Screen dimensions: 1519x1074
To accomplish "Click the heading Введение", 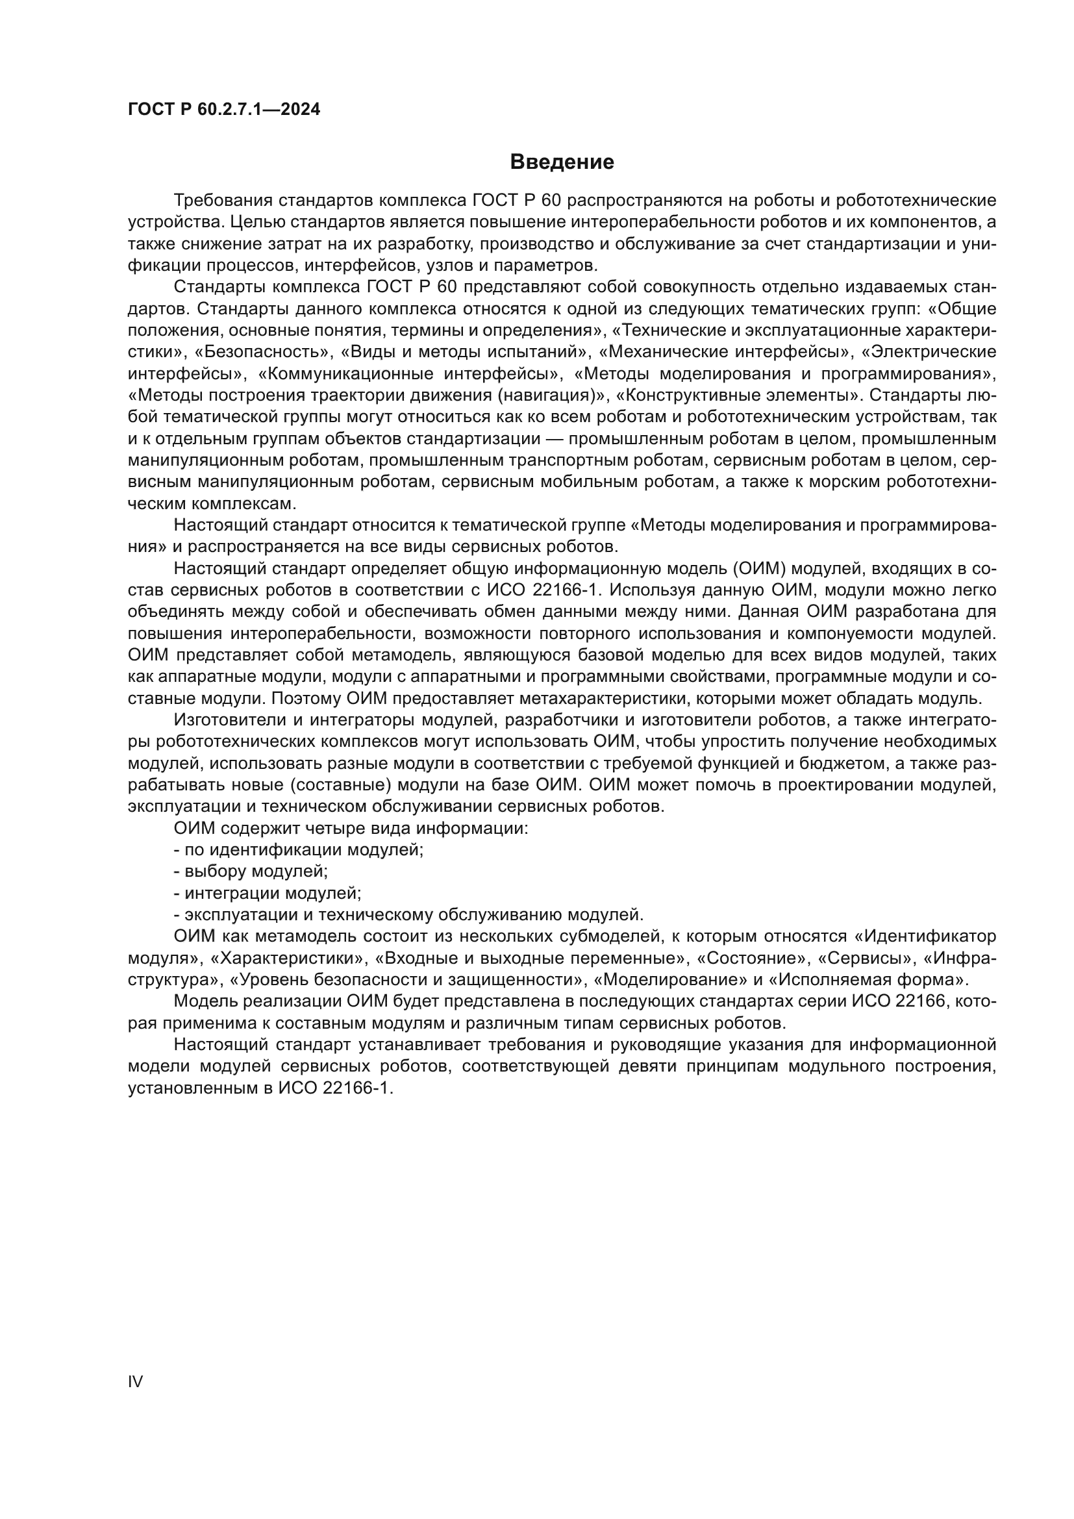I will click(562, 162).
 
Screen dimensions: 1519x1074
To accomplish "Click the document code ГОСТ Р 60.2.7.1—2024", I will click(223, 109).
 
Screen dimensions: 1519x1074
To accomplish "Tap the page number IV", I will click(135, 1381).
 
